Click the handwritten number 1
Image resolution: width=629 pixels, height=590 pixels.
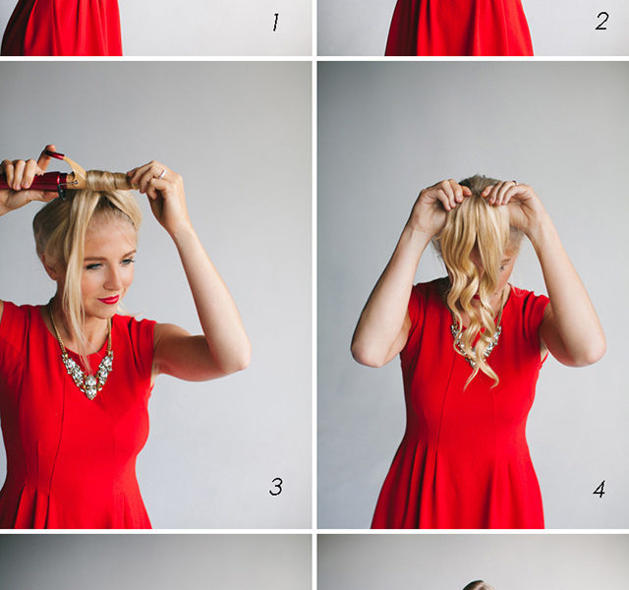[275, 23]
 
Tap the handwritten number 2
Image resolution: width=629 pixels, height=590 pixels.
[601, 21]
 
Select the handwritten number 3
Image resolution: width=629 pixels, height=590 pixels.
[276, 486]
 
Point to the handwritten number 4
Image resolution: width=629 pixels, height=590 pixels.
[600, 490]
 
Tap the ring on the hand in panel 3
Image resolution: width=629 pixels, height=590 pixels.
[161, 173]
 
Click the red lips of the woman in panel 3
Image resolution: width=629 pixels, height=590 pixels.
[109, 299]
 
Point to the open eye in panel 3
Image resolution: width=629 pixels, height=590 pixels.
[128, 262]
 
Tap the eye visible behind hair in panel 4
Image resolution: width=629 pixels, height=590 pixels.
[502, 266]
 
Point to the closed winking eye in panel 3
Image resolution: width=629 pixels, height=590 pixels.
[93, 266]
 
